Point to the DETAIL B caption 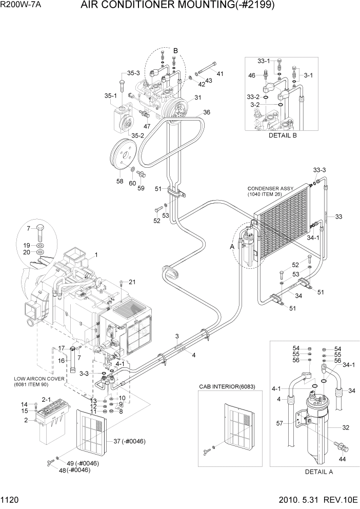click(x=283, y=136)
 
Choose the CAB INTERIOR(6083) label click(x=227, y=386)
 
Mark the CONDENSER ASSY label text click(x=270, y=188)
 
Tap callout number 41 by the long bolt click(x=220, y=74)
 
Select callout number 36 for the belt click(x=207, y=112)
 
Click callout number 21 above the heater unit click(x=132, y=282)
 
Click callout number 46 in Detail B click(x=251, y=75)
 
